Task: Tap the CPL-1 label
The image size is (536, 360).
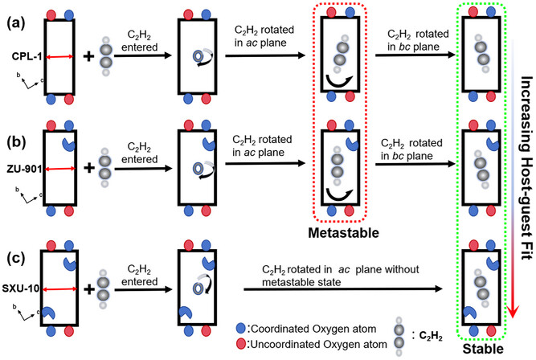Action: pos(25,57)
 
